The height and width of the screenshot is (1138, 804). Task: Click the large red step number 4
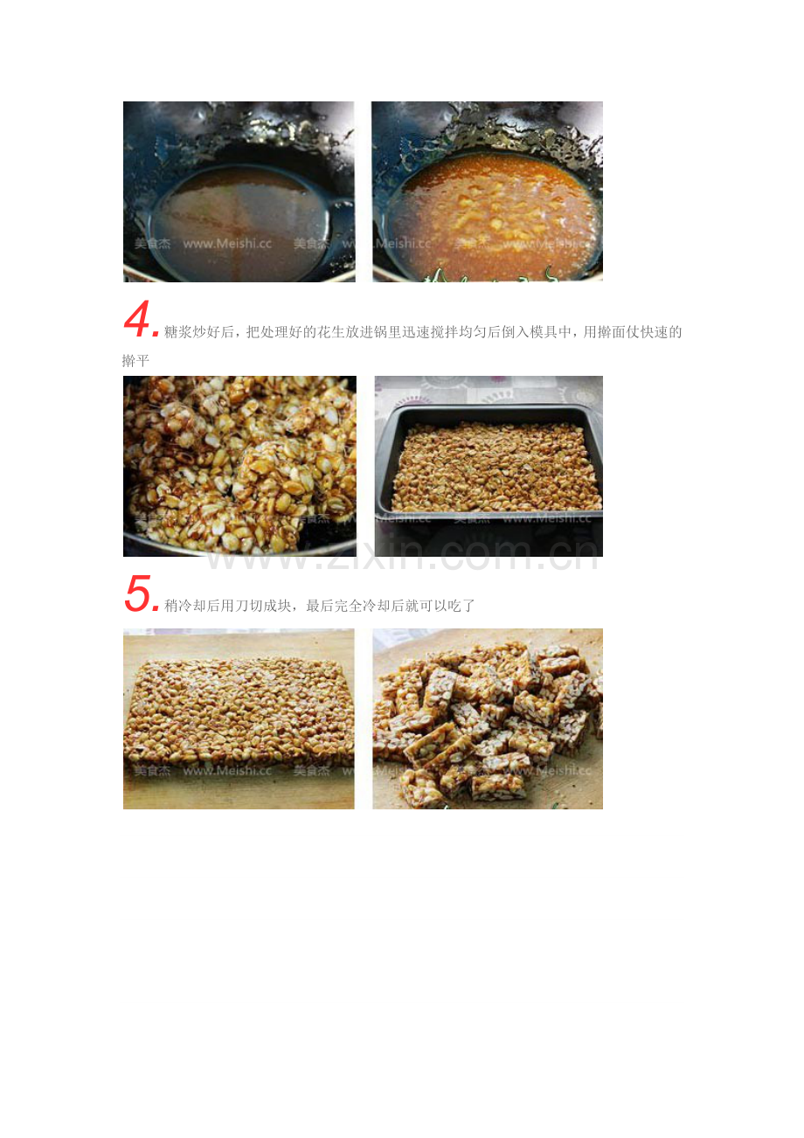(x=137, y=319)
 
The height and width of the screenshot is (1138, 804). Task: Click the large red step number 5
(x=137, y=593)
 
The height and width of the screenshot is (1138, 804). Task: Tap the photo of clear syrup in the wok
(x=239, y=191)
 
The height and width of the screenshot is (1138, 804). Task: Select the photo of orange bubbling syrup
(x=488, y=191)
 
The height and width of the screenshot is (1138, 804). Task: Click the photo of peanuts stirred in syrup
(x=239, y=466)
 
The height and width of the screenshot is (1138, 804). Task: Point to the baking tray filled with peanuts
(x=489, y=466)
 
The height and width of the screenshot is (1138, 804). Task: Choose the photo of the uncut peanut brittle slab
(x=239, y=718)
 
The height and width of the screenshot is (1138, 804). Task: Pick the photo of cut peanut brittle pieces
(x=488, y=718)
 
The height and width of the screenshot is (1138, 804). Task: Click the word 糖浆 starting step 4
(x=177, y=332)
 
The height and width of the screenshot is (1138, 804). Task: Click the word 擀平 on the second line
(x=135, y=361)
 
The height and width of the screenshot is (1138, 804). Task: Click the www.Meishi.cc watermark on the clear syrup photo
(x=227, y=243)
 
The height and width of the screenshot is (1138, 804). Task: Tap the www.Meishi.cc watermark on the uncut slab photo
(x=227, y=771)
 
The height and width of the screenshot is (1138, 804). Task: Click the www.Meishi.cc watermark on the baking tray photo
(x=547, y=518)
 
